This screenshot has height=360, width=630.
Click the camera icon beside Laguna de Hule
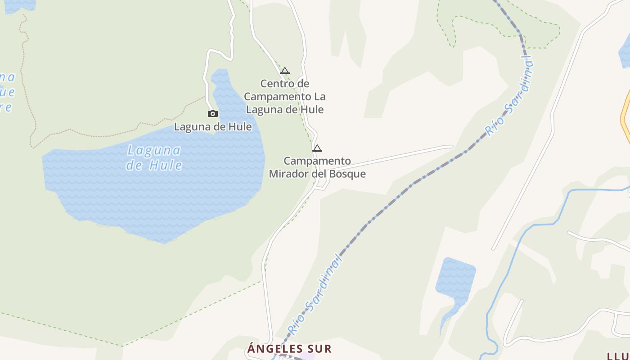(x=213, y=114)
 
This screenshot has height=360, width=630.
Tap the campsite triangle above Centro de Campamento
(x=284, y=71)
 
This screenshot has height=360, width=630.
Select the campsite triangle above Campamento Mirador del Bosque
(x=317, y=148)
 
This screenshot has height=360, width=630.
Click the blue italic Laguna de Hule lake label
(x=154, y=157)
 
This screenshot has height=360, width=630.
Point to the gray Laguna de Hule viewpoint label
(x=213, y=127)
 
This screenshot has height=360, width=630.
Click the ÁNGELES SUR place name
(x=289, y=348)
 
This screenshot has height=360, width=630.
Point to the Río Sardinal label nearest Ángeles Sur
(x=315, y=295)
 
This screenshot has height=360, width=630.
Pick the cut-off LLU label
(x=618, y=356)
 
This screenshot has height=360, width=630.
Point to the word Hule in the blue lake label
(x=166, y=165)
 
